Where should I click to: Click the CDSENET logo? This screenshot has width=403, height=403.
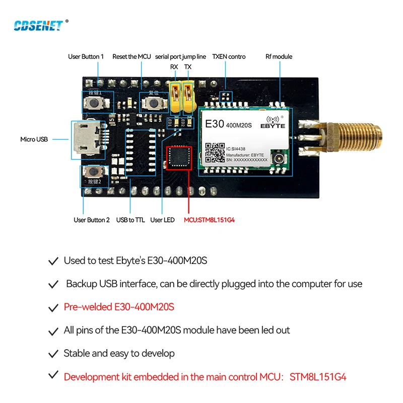[x=38, y=25]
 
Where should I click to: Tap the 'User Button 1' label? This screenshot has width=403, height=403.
[x=86, y=56]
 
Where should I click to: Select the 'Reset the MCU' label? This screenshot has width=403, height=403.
[x=132, y=56]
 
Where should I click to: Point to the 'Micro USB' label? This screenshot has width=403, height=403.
[x=34, y=139]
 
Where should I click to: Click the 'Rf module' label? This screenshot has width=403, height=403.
[x=279, y=56]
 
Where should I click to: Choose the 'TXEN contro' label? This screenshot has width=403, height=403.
[x=229, y=56]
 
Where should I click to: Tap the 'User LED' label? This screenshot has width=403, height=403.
[x=162, y=220]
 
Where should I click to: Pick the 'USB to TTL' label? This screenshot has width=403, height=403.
[x=130, y=220]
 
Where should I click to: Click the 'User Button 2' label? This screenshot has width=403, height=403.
[x=92, y=220]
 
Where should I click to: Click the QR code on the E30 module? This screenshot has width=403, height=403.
[x=214, y=153]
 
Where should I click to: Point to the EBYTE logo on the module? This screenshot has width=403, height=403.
[x=272, y=124]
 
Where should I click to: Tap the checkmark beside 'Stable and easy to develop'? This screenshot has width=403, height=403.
[x=52, y=354]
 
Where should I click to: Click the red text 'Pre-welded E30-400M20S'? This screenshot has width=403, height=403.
[x=119, y=307]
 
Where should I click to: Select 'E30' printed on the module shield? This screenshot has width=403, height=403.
[x=214, y=124]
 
